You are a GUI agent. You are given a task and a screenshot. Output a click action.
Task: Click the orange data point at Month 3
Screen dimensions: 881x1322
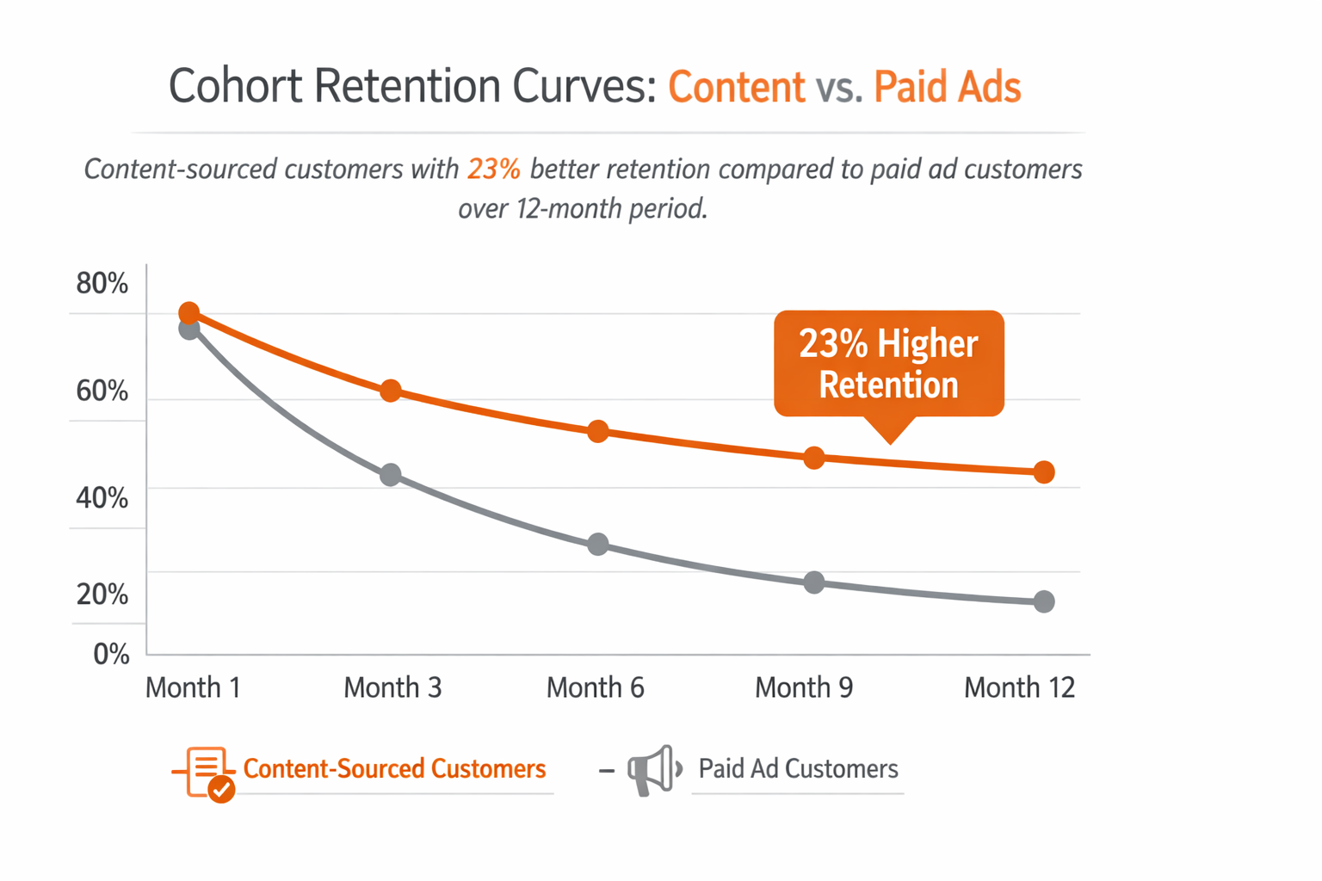(391, 391)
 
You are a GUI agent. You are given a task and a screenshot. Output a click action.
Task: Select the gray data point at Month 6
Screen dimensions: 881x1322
(598, 545)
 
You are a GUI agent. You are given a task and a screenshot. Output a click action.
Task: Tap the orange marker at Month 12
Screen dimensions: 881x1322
(1044, 472)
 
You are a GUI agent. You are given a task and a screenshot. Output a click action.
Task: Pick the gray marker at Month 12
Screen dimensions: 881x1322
(1044, 601)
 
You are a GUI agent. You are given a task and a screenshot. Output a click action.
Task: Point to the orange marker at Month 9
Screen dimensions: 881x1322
(814, 458)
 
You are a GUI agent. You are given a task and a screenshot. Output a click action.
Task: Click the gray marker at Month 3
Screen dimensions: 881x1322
(391, 474)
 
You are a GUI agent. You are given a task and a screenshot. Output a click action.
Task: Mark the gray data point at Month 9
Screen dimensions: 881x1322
(814, 582)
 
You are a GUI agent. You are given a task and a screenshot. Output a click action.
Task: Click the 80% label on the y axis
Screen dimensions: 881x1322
(102, 283)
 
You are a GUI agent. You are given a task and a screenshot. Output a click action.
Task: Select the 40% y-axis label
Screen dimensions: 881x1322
(102, 497)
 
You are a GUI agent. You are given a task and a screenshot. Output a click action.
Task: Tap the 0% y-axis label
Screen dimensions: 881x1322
(111, 654)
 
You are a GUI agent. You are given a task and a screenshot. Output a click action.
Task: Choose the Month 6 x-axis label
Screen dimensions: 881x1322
(595, 687)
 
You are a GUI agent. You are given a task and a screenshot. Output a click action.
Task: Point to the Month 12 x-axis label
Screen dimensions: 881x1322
(1019, 687)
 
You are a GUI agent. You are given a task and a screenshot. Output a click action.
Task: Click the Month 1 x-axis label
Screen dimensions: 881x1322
(193, 687)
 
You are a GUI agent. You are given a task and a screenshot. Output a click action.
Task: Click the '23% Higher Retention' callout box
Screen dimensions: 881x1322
(888, 364)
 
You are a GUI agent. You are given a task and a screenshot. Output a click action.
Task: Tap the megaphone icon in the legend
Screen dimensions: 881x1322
(654, 769)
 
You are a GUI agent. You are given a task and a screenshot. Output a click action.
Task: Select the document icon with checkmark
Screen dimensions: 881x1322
(207, 772)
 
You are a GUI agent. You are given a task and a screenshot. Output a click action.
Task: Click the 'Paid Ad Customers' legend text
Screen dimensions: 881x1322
(798, 768)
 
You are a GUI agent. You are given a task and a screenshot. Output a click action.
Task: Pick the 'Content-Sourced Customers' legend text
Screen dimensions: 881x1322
(394, 768)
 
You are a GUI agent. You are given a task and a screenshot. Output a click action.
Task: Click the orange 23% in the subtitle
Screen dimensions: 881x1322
(494, 169)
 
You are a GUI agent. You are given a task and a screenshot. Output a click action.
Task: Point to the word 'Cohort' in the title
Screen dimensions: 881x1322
(235, 86)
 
